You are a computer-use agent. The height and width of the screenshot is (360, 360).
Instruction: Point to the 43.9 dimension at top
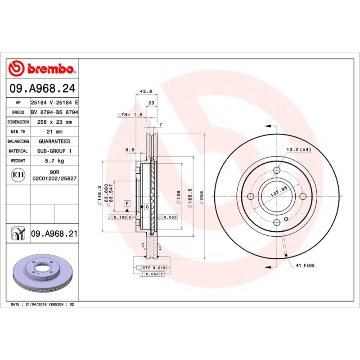click(146, 91)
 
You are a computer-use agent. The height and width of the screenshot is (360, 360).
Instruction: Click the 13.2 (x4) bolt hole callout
click(298, 149)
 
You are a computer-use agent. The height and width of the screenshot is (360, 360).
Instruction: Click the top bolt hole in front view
click(276, 170)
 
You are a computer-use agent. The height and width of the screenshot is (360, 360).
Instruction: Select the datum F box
click(127, 203)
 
